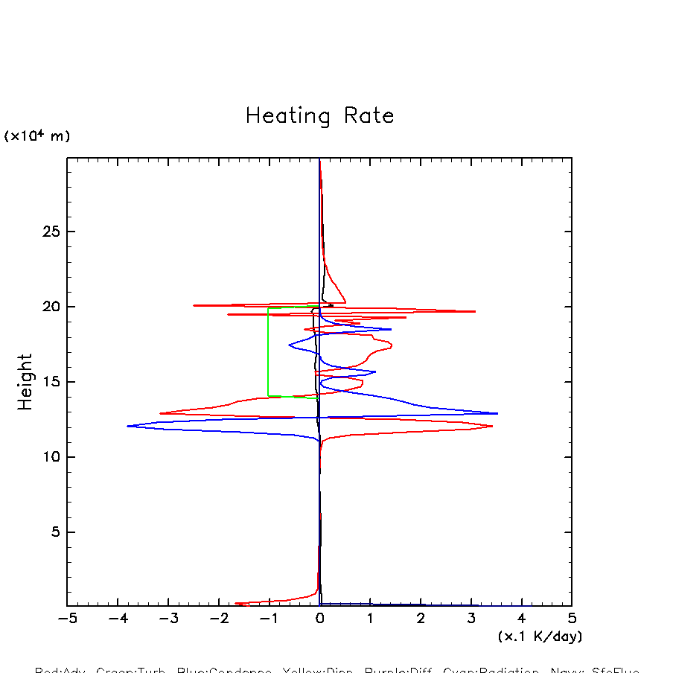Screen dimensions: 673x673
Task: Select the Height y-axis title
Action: point(25,382)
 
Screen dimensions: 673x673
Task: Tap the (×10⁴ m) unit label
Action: point(37,135)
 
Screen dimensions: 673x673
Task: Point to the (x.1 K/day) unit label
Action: point(540,637)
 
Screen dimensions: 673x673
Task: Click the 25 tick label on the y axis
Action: point(50,232)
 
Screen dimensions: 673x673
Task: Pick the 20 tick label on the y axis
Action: point(50,307)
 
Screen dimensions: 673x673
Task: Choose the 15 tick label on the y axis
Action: point(50,382)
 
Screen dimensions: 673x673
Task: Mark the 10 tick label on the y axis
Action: point(50,457)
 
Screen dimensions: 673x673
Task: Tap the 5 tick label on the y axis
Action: point(54,532)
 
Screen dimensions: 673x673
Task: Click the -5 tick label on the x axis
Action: point(67,619)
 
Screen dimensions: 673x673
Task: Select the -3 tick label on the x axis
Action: point(168,619)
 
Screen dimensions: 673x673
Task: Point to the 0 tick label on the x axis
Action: point(320,619)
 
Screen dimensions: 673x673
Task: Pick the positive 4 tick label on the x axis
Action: point(521,619)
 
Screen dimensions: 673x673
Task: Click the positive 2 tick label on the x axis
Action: point(421,619)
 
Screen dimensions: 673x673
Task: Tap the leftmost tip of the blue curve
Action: point(128,426)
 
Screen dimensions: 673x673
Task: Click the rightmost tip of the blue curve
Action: point(497,413)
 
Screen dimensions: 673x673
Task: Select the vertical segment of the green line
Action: point(269,351)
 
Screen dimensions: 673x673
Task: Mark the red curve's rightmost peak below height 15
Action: point(492,427)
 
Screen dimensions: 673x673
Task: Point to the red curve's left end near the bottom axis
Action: point(236,604)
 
